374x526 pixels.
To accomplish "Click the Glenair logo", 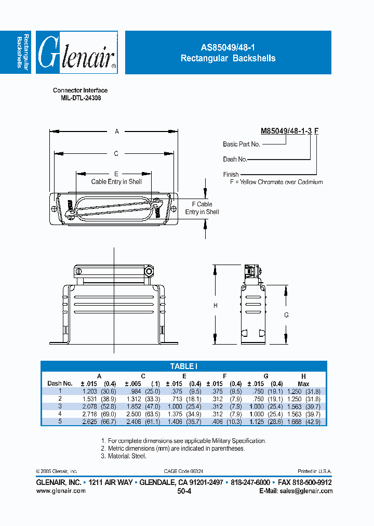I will pos(78,52).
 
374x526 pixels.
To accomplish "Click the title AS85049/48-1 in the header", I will pos(228,47).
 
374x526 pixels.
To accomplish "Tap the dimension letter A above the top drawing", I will pos(117,132).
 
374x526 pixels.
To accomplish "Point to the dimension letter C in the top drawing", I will pos(116,153).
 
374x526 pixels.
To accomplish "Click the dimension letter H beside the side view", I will pos(216,306).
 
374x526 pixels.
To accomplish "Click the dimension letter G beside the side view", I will pos(286,315).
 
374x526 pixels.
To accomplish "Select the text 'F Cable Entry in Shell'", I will pos(202,208).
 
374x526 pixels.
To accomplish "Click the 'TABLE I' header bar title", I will pos(184,366).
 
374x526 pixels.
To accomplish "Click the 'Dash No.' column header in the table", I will pos(60,384).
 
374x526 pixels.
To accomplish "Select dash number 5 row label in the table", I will pos(60,422).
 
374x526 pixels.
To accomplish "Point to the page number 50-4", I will pos(184,491).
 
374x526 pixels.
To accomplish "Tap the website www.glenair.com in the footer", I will pos(61,491).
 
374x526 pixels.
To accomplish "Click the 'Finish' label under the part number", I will pos(231,175).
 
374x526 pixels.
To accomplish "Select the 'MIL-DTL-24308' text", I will pos(80,98).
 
